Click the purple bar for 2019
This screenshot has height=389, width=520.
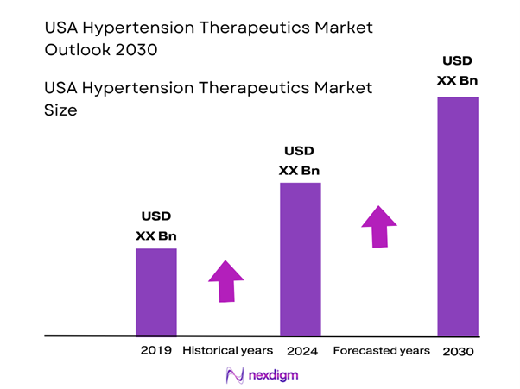coord(156,292)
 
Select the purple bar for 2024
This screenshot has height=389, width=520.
coord(301,259)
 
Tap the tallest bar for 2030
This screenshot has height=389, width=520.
coord(457,216)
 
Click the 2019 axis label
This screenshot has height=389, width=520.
coord(156,351)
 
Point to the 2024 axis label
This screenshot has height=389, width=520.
coord(301,351)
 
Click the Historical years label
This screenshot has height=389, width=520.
coord(228,351)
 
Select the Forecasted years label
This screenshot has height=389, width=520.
coord(381,351)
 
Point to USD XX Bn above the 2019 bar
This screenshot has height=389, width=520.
coord(156,227)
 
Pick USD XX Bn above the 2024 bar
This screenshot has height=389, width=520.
coord(301,160)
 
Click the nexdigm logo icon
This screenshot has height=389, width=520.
coord(234,376)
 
